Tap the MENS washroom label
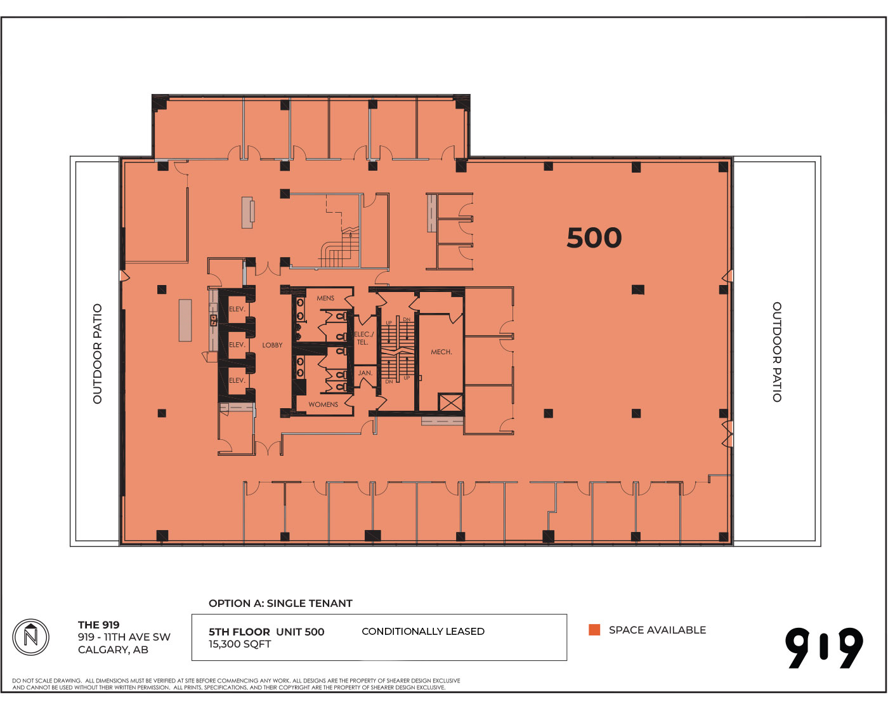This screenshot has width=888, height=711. point(325,298)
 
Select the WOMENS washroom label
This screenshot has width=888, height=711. point(323,404)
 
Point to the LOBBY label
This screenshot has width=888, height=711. point(272,345)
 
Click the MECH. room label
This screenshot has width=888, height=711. point(441,352)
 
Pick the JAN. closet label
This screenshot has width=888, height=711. point(365,373)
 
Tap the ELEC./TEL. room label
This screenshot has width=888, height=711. point(363,338)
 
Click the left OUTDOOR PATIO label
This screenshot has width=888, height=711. point(98,354)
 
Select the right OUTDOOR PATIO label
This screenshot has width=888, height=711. point(777,352)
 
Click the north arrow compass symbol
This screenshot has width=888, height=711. point(31,637)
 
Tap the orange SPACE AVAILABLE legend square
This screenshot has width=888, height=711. point(594,630)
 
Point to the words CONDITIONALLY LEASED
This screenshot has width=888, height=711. point(423,631)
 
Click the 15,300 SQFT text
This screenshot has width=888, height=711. point(240,644)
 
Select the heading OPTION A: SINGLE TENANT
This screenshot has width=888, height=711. point(280,603)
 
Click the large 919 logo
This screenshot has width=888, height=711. point(824,648)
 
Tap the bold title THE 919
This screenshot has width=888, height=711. point(98,625)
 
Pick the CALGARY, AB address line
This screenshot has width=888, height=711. point(113,650)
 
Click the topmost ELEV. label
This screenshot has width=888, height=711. point(237,309)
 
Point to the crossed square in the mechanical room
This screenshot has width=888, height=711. point(451,402)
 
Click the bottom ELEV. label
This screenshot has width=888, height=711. point(237,380)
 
